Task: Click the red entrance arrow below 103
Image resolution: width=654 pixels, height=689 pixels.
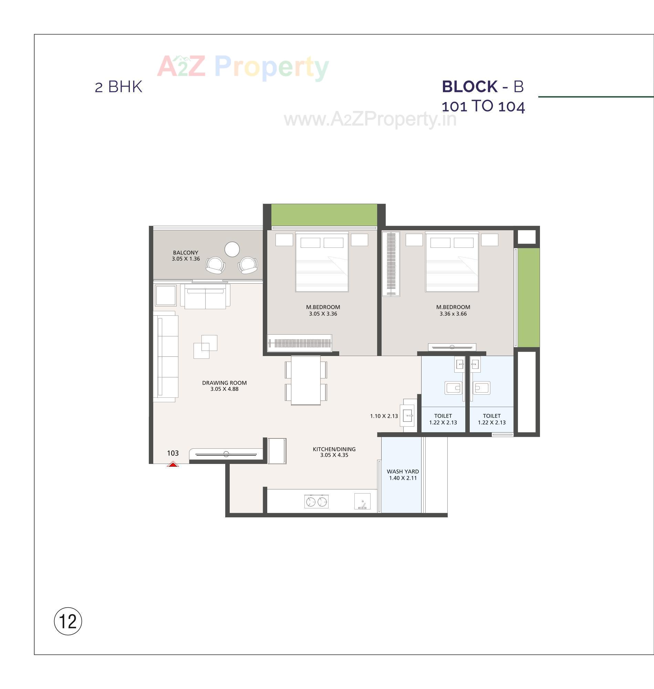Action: (x=173, y=464)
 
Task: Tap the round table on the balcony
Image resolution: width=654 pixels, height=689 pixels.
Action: (x=232, y=250)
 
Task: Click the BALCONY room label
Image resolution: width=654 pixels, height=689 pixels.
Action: (x=186, y=253)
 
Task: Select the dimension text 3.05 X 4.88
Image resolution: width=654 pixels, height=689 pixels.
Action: (x=224, y=389)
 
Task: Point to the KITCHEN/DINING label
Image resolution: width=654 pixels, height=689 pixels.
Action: (x=334, y=449)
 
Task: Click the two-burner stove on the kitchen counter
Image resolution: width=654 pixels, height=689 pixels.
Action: (x=316, y=501)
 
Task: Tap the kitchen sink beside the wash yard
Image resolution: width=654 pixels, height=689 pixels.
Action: (x=363, y=501)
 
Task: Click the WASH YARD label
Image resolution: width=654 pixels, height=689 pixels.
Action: (x=403, y=471)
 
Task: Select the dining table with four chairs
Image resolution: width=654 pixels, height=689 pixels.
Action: (x=306, y=380)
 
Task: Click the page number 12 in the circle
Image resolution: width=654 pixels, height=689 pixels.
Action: (x=68, y=621)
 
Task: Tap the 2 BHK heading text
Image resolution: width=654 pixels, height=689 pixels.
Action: (x=118, y=87)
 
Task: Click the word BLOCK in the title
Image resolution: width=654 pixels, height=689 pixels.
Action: (x=469, y=87)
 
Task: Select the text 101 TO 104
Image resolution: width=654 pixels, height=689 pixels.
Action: (x=483, y=107)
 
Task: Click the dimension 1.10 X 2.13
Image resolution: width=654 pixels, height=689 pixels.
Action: (x=384, y=416)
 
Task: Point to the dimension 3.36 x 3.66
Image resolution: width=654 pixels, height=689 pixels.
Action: (x=453, y=314)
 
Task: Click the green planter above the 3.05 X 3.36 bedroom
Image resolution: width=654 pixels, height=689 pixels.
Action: (x=324, y=215)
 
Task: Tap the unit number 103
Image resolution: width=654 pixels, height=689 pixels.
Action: (x=173, y=453)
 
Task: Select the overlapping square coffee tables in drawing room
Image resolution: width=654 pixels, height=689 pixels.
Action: (x=205, y=346)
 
